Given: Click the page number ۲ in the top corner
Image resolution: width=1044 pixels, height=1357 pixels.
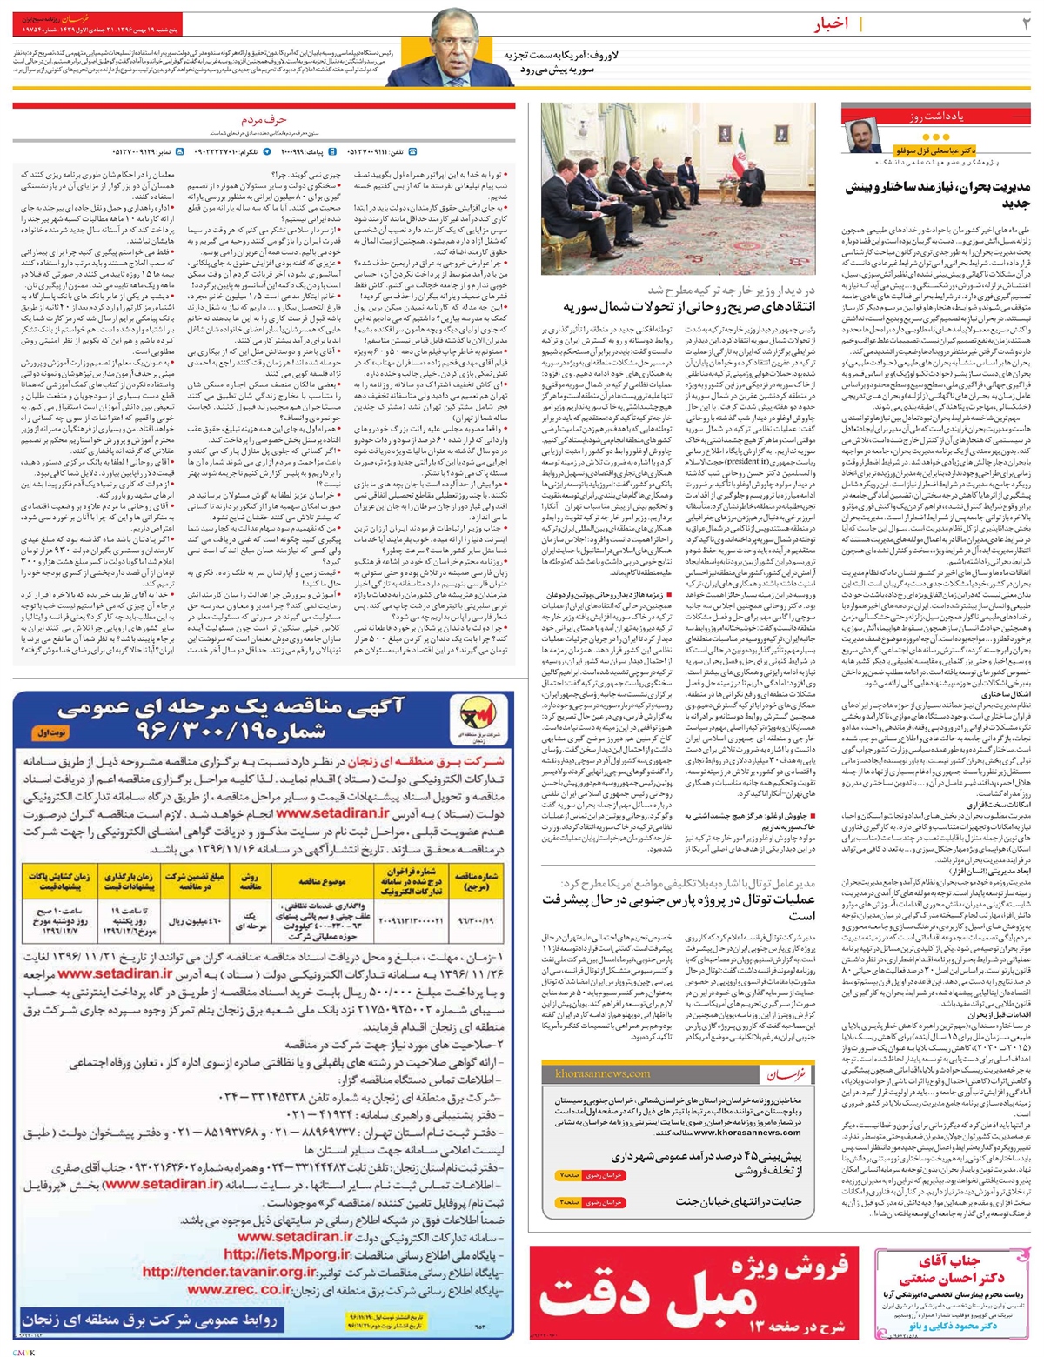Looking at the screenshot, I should pos(1025,24).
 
